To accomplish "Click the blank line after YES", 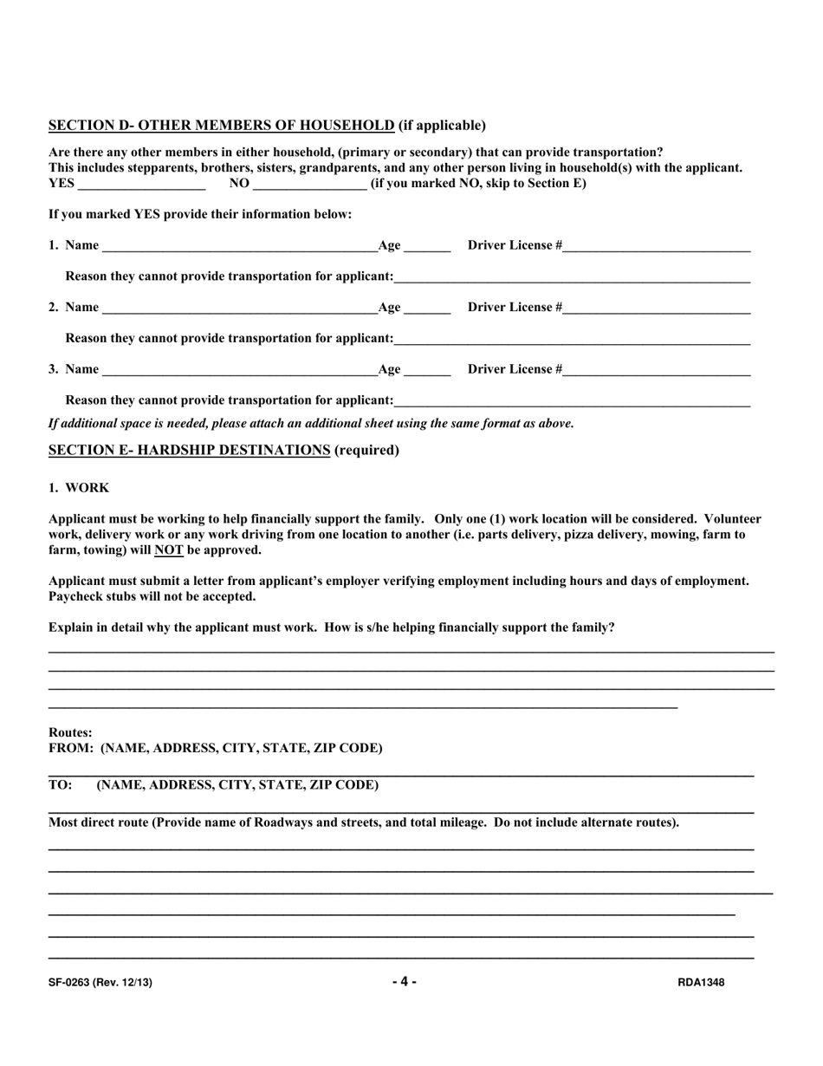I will click(x=141, y=185).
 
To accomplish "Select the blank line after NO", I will click(x=310, y=185).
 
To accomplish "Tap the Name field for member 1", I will click(x=239, y=246).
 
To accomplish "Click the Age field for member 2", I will click(x=427, y=309).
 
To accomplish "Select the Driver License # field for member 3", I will click(x=656, y=371).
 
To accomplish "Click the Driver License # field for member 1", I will click(x=656, y=246).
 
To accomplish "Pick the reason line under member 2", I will click(x=572, y=340).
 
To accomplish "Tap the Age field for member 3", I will click(x=427, y=371).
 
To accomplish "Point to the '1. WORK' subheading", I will click(x=79, y=488).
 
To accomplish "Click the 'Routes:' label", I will click(x=70, y=732).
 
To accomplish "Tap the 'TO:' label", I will click(x=61, y=785).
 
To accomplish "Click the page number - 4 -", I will click(x=404, y=982).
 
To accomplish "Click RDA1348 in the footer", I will click(x=701, y=983).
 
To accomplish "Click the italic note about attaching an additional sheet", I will click(x=311, y=424).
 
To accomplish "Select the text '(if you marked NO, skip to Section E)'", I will click(x=478, y=184).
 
